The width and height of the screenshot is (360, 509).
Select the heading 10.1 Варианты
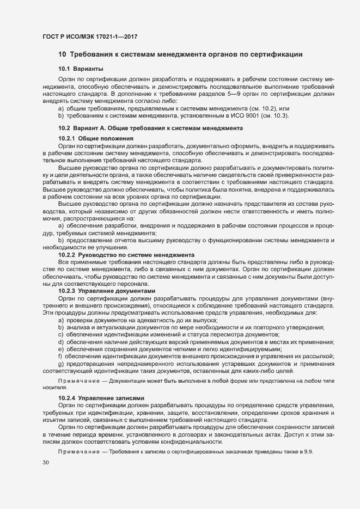pyautogui.click(x=77, y=69)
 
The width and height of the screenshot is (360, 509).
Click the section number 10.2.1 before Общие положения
pyautogui.click(x=66, y=139)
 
